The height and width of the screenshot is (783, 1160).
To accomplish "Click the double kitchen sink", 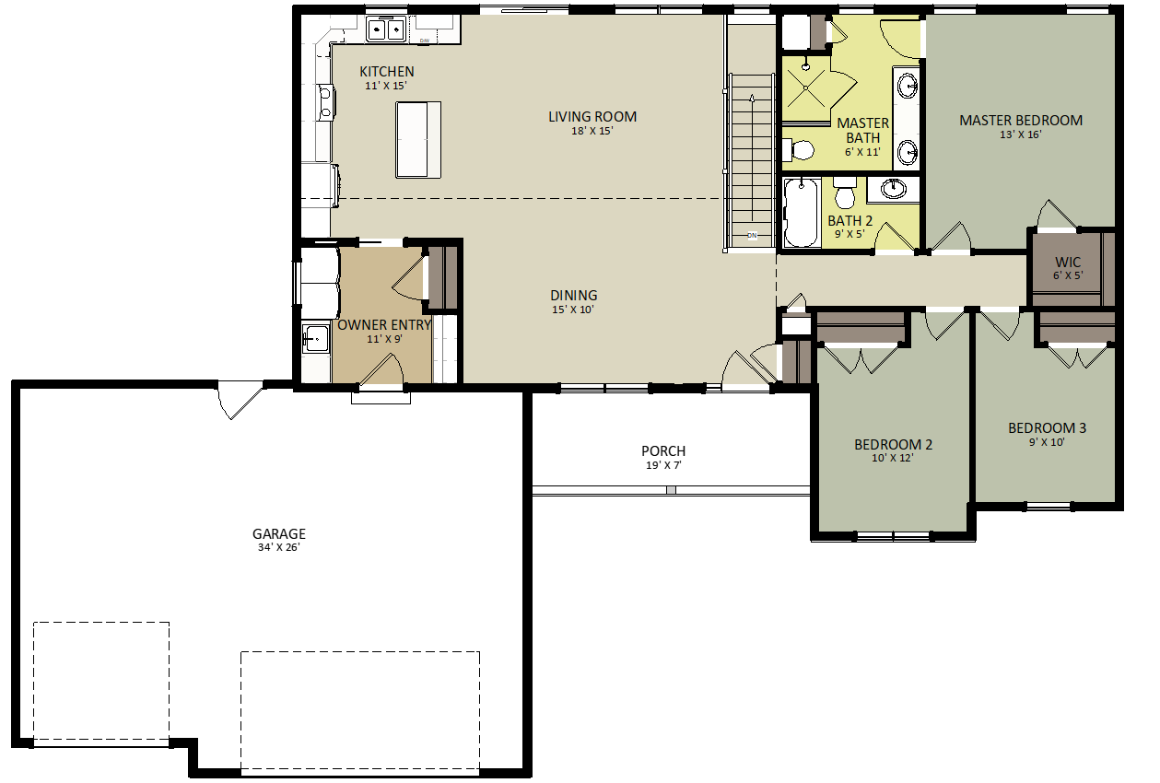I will (387, 29).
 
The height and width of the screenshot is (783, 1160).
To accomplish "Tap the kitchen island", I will (418, 139).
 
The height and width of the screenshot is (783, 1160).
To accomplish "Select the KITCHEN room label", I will (386, 72).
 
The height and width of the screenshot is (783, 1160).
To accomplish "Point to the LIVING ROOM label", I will (592, 117).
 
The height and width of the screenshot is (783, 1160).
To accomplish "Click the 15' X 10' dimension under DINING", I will (573, 310).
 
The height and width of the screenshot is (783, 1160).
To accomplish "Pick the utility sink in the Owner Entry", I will (314, 339).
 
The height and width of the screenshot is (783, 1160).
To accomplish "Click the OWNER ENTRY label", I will (384, 325).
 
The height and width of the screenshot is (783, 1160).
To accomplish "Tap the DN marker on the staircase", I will (752, 234).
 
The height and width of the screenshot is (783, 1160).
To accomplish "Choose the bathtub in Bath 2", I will (801, 213).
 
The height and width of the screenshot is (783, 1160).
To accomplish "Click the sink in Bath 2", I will (894, 189).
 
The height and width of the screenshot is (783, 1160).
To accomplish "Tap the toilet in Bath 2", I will (845, 195).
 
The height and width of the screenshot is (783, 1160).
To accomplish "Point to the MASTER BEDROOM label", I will (1020, 121).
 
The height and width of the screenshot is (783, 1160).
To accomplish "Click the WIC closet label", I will (1068, 263).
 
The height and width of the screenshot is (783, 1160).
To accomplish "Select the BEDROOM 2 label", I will (893, 445).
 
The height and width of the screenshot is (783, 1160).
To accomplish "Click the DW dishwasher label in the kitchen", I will (425, 41).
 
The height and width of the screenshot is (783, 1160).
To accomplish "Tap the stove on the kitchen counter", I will (325, 102).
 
